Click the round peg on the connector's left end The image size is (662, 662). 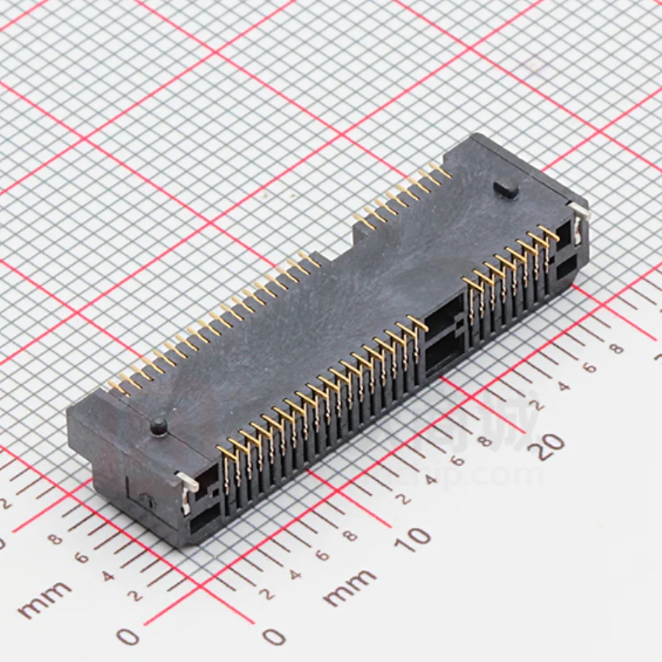point(158,425)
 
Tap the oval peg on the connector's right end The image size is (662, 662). point(507,189)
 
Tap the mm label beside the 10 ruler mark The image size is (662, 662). point(349,587)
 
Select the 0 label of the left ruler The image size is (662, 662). point(128,636)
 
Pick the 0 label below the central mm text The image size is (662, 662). point(272,637)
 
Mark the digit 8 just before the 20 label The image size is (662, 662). point(484,442)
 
